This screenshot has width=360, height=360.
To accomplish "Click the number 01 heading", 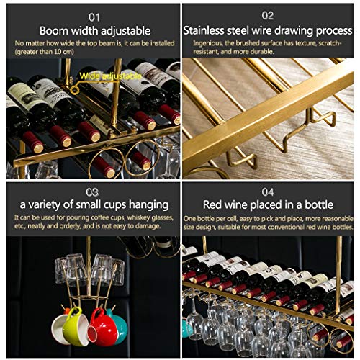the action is tap(94, 17).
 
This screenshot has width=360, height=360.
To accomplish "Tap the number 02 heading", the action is tap(268, 16).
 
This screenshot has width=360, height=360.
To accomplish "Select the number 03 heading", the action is tap(92, 192).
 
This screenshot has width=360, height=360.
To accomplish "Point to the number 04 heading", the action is tap(268, 192).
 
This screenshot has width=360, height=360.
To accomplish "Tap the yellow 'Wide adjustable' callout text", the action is tap(110, 76).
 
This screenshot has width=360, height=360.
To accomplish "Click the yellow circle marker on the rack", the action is tap(75, 90).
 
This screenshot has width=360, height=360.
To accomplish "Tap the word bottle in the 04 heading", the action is tap(319, 204).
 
